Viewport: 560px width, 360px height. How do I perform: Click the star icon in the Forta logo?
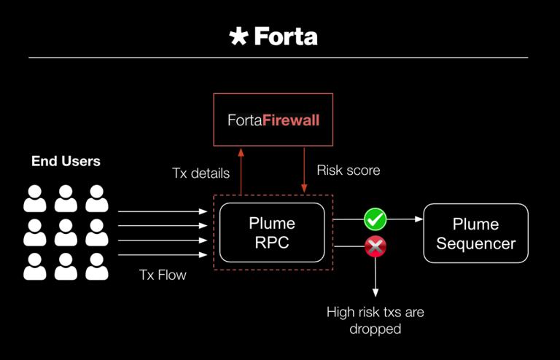pyautogui.click(x=238, y=36)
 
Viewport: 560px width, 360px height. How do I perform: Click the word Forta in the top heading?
pyautogui.click(x=285, y=36)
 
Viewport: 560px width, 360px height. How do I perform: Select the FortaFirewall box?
pyautogui.click(x=272, y=119)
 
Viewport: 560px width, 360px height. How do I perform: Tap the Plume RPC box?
pyautogui.click(x=272, y=232)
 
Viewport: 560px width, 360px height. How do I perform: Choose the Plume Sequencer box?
pyautogui.click(x=475, y=233)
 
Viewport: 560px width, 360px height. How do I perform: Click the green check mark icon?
pyautogui.click(x=376, y=218)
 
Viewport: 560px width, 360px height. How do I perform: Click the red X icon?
pyautogui.click(x=376, y=247)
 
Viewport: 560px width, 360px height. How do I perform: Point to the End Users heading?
pyautogui.click(x=66, y=161)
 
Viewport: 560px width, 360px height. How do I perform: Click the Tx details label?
pyautogui.click(x=201, y=173)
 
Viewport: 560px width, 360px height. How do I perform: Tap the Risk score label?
pyautogui.click(x=349, y=171)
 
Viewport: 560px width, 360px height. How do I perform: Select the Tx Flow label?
pyautogui.click(x=163, y=275)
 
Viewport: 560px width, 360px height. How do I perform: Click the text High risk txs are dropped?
pyautogui.click(x=375, y=321)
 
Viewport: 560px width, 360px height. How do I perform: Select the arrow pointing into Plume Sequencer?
pyautogui.click(x=405, y=218)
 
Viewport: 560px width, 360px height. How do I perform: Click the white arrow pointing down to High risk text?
pyautogui.click(x=376, y=277)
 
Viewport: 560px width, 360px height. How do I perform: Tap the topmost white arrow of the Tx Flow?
pyautogui.click(x=162, y=211)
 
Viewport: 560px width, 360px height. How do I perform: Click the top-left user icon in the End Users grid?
pyautogui.click(x=35, y=197)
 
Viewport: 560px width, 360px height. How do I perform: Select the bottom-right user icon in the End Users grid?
pyautogui.click(x=96, y=267)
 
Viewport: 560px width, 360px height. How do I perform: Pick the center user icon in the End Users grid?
pyautogui.click(x=66, y=232)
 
